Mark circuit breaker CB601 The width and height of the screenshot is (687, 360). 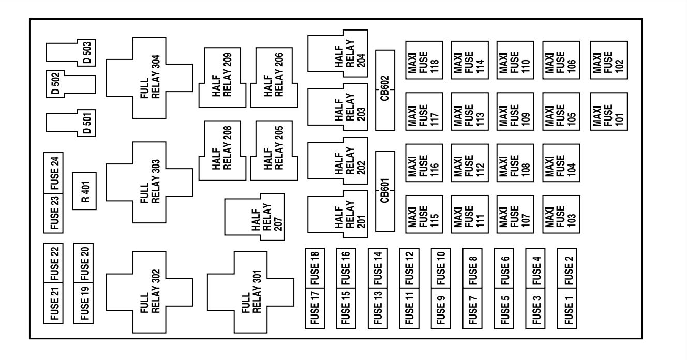385,191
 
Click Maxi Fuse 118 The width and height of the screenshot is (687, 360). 424,61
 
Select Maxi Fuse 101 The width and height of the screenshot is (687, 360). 608,112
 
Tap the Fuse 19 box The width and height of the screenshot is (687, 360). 84,303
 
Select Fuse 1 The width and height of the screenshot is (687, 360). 567,308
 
